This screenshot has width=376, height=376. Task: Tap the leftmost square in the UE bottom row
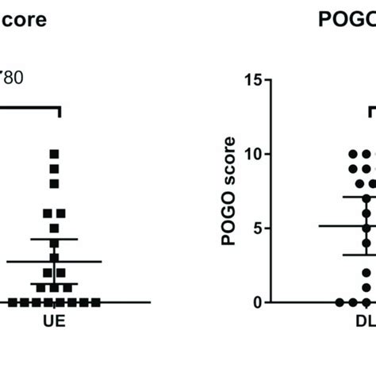click(13, 302)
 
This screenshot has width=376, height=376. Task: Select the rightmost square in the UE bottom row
click(96, 302)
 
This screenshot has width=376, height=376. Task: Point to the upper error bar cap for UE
click(55, 239)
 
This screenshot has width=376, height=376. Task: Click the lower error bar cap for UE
click(55, 283)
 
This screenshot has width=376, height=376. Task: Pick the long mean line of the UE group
click(55, 261)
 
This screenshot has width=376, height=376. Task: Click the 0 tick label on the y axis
click(257, 302)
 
